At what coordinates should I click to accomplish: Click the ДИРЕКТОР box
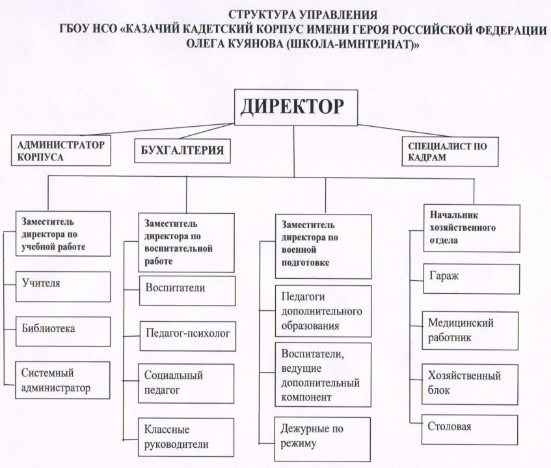[296, 107]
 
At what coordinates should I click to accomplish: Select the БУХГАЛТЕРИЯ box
[182, 151]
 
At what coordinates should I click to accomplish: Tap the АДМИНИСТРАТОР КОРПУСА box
[60, 150]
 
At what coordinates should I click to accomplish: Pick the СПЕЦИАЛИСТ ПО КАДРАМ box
[450, 151]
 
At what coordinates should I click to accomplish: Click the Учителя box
[63, 287]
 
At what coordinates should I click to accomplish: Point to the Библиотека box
[63, 331]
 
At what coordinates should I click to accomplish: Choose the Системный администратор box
[62, 380]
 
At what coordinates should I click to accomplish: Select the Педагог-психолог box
[187, 336]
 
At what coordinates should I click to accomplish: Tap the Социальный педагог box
[186, 383]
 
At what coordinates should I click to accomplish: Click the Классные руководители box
[186, 437]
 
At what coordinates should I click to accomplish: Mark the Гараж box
[472, 279]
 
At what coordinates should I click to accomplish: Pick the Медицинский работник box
[470, 331]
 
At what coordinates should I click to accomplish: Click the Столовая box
[470, 430]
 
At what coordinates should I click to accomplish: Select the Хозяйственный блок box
[470, 384]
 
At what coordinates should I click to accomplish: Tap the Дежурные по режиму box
[322, 439]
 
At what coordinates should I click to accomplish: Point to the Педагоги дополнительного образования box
[323, 311]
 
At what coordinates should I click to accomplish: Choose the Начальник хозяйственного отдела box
[472, 228]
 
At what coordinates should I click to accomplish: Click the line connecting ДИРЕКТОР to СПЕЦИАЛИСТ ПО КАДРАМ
[404, 131]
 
